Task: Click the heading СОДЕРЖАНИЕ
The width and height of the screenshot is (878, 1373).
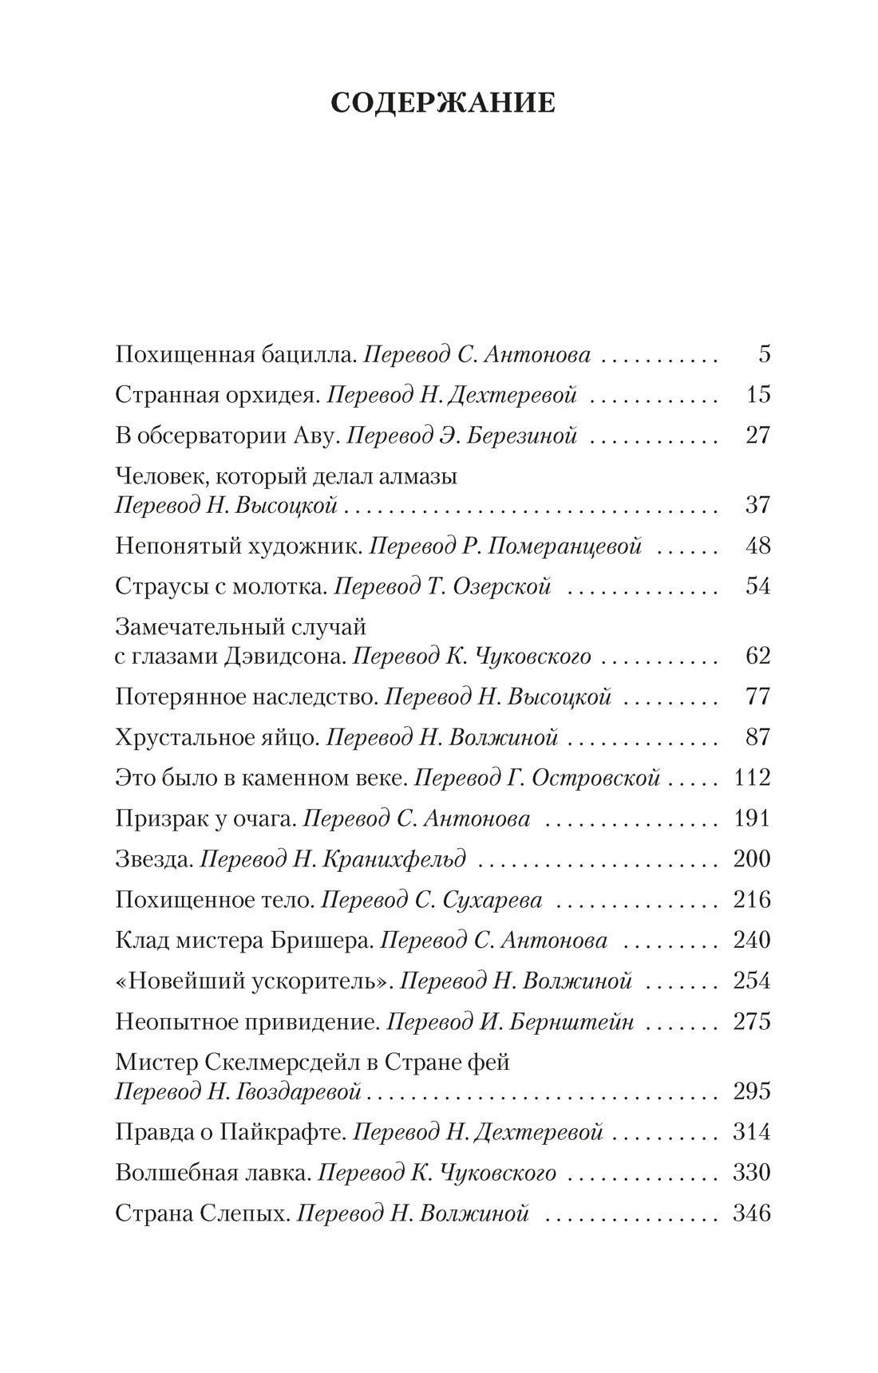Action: (x=443, y=103)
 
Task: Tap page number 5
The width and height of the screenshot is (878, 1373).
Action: (x=764, y=353)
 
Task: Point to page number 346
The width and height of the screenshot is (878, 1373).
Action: (x=751, y=1213)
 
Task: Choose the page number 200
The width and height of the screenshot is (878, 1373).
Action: (x=751, y=858)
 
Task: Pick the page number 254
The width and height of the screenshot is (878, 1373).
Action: (x=751, y=980)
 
